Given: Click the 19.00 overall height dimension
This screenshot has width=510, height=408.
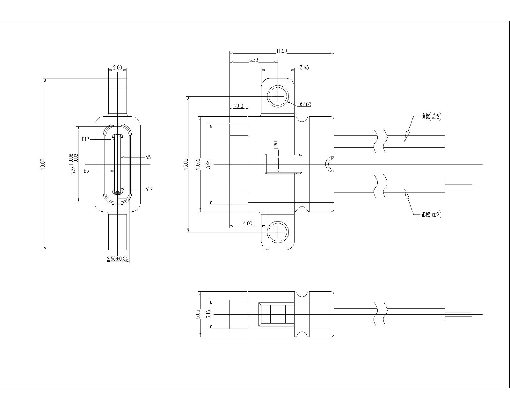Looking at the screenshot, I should [42, 164].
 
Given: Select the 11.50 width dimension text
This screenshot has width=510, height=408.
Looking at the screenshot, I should [281, 51].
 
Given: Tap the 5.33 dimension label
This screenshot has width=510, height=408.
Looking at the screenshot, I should [254, 60].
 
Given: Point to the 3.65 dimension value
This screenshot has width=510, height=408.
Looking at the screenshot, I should [304, 68].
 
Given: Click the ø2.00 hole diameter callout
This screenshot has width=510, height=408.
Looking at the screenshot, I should [305, 104].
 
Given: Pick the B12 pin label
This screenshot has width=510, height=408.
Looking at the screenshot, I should [85, 139].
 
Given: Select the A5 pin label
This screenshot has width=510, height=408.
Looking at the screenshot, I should [148, 157].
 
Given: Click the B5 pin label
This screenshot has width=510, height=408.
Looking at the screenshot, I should [86, 171].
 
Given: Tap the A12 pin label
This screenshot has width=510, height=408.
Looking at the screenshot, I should [149, 189].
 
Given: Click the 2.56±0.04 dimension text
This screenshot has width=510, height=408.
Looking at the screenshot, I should [118, 259].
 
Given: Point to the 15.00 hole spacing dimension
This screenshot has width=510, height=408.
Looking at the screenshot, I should [186, 164].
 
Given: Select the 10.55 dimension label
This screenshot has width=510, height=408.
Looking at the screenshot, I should [198, 164].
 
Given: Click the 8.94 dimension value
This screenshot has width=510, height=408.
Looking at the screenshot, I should [208, 164].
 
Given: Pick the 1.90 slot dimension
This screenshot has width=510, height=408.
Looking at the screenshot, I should [276, 145].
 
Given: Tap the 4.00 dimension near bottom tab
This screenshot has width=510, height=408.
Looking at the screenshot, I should [248, 223].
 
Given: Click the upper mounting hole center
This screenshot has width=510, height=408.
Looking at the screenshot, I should [278, 96].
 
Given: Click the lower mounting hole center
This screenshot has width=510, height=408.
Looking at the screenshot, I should [278, 232].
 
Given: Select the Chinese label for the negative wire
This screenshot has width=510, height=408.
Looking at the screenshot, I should [431, 116].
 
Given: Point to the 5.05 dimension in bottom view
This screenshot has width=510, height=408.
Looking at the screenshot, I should [198, 314].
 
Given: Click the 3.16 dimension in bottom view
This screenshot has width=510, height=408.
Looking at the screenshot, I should [208, 314].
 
